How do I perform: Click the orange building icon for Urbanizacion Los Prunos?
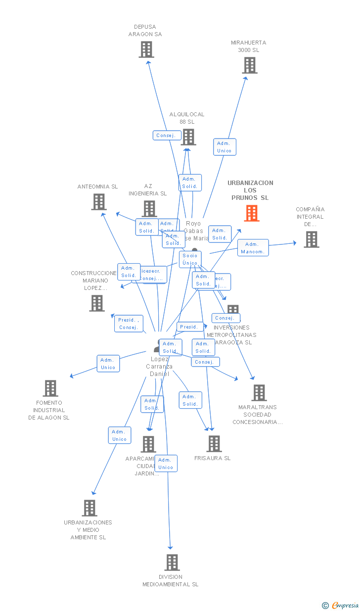pos(252,213)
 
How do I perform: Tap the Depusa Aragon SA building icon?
pos(146,49)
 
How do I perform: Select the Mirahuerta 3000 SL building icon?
pos(250,65)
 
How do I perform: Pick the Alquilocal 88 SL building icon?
pos(188,137)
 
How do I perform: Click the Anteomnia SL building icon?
pos(99,202)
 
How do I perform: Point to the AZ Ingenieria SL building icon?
pos(149,209)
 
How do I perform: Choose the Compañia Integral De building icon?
pos(311,239)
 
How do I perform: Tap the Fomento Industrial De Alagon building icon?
pos(50,388)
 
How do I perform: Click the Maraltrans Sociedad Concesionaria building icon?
pos(259,393)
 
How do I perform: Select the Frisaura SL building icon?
pos(214,444)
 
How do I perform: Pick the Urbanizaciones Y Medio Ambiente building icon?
pos(90,508)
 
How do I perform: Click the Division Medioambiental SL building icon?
pos(172,563)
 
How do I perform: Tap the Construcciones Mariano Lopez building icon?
pos(97,303)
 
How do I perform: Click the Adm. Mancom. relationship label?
pos(253,248)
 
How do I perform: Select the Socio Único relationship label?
pos(190,259)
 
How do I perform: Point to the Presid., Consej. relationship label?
pos(129,324)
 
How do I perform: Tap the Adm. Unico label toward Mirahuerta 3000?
pos(225,147)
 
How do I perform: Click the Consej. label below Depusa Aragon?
pos(166,136)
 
